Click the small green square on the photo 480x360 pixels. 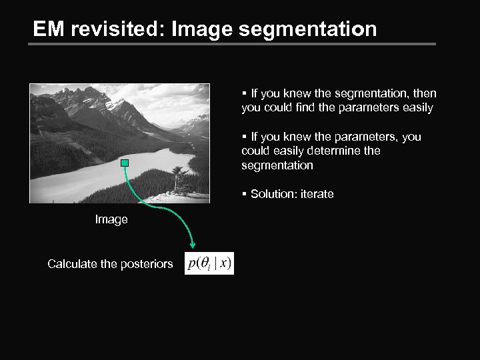(x=124, y=163)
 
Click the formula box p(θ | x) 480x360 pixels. (x=209, y=263)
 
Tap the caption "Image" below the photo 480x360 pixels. (x=111, y=219)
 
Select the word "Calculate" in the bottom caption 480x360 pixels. (x=72, y=264)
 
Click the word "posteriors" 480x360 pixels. (x=146, y=264)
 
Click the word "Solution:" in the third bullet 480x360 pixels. (x=271, y=194)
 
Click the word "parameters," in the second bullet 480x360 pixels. (x=369, y=137)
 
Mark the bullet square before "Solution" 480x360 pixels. (x=245, y=195)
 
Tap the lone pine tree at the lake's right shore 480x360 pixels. (x=178, y=179)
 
